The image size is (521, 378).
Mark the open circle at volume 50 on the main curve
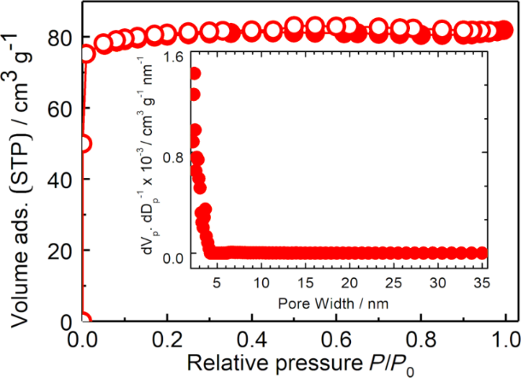85,144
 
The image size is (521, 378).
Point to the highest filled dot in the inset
195,74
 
